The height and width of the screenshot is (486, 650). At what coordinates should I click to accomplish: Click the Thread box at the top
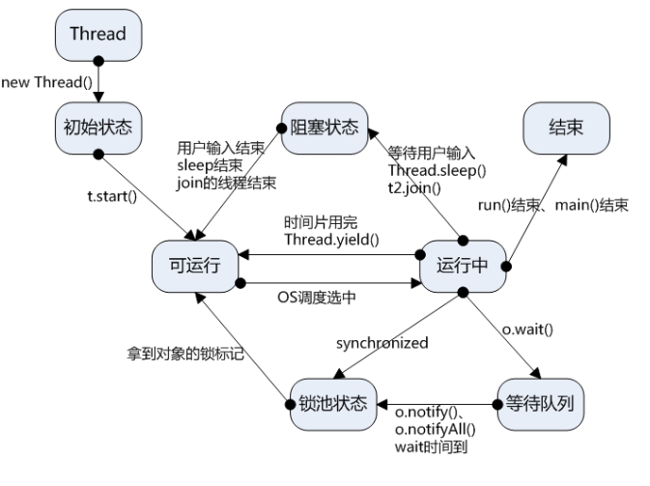[99, 35]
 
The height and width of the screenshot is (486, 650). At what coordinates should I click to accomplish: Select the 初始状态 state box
[99, 129]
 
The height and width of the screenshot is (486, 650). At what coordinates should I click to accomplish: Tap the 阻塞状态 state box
[325, 129]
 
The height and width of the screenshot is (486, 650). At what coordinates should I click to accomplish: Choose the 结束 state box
[566, 129]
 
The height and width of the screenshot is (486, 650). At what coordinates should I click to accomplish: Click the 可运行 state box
[195, 267]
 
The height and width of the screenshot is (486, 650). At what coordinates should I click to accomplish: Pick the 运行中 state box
[463, 267]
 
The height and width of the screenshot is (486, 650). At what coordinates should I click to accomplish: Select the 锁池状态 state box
[333, 404]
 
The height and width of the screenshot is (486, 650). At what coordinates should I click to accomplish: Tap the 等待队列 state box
[541, 404]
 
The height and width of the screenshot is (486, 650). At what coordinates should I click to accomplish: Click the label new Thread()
[47, 82]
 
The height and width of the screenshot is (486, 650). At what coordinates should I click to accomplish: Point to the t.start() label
[112, 196]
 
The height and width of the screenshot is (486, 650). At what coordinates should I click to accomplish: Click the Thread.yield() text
[331, 240]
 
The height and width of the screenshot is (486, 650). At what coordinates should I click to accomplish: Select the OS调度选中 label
[317, 298]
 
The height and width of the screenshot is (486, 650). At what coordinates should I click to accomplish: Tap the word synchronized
[382, 343]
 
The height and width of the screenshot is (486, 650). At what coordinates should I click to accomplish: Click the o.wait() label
[527, 329]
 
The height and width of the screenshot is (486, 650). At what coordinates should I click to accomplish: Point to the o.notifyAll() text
[436, 429]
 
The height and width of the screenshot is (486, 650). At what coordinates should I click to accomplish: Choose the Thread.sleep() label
[437, 170]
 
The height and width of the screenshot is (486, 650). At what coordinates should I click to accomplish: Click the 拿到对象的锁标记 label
[185, 354]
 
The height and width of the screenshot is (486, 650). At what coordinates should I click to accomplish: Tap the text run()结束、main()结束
[553, 205]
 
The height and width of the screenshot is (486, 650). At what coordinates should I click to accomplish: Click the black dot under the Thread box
[99, 62]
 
